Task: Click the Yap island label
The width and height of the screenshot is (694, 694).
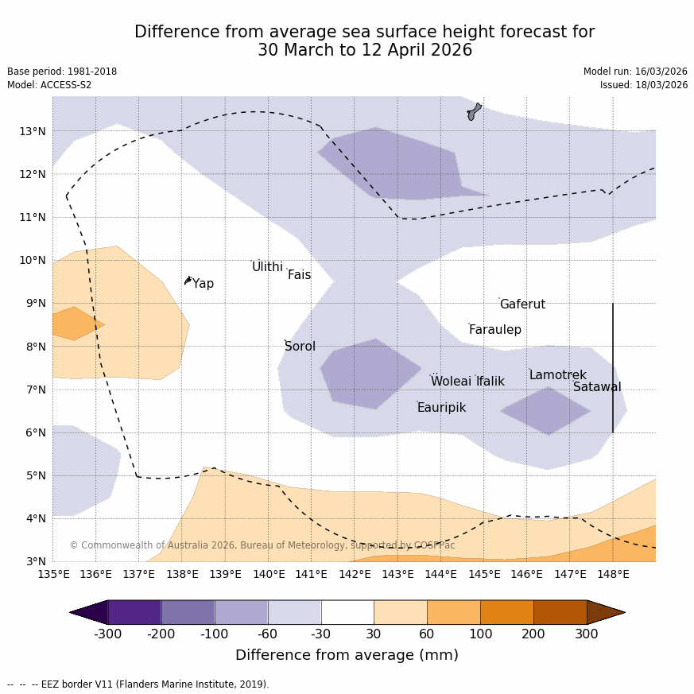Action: coord(203,284)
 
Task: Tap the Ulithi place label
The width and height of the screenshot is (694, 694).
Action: coord(267,267)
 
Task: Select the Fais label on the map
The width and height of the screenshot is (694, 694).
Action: coord(299,275)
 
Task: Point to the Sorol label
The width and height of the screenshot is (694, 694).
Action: coord(300,347)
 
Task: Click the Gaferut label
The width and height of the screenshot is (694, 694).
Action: coord(522,304)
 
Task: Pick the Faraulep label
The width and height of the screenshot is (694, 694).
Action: coord(494,330)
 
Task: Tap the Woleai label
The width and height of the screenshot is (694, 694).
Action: coord(451,382)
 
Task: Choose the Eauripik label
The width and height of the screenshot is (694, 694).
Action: coord(441,408)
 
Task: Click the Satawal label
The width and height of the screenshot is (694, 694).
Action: coord(597,387)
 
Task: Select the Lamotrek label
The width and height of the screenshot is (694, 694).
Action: coord(557,375)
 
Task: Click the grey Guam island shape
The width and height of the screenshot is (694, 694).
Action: coord(474,111)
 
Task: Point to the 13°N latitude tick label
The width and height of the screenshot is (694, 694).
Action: coord(32,131)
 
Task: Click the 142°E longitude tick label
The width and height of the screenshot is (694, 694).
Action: coord(355,574)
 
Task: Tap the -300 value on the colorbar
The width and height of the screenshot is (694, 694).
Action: coord(107,634)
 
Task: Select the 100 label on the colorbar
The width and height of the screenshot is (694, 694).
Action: coord(480,634)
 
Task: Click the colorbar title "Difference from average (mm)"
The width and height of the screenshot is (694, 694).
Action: coord(347,655)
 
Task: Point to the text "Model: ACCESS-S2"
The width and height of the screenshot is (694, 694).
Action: coord(49,85)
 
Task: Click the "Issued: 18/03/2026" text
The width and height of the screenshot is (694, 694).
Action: coord(643,85)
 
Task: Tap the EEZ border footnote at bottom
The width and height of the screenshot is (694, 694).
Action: coord(138,684)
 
